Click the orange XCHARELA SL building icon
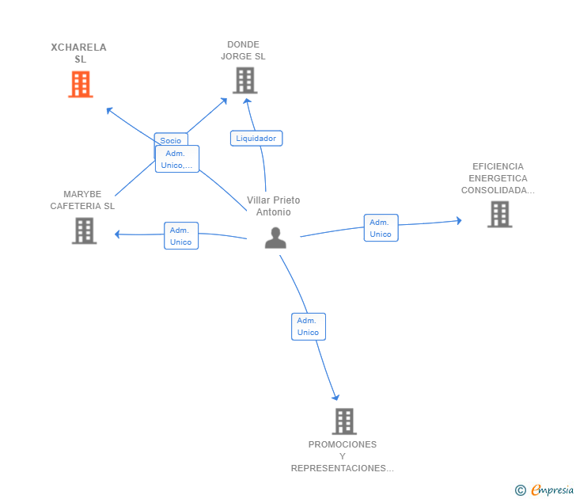click(81, 84)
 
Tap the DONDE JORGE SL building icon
click(245, 81)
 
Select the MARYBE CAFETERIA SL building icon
click(84, 231)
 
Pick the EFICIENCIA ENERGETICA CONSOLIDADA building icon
click(499, 215)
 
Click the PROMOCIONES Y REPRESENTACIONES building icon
click(344, 421)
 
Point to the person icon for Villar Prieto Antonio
click(275, 238)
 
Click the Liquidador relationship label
click(256, 139)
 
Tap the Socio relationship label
click(171, 139)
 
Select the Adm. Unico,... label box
click(177, 159)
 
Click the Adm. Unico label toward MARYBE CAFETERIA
click(181, 236)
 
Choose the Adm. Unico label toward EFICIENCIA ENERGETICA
click(381, 228)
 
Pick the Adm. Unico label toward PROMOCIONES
click(309, 326)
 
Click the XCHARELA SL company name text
click(78, 53)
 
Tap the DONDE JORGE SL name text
click(243, 51)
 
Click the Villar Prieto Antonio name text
click(273, 206)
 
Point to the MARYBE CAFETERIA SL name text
click(82, 200)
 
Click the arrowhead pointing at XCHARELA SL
click(109, 110)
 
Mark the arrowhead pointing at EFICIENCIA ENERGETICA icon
click(459, 221)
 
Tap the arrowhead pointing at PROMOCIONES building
click(335, 397)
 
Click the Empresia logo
click(544, 489)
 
